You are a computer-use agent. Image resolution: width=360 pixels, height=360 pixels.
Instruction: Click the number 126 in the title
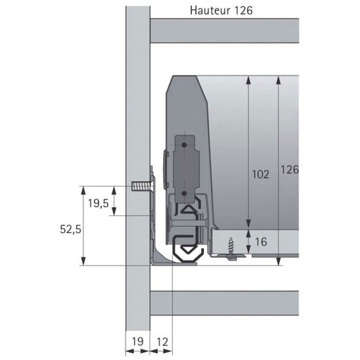pyautogui.click(x=244, y=11)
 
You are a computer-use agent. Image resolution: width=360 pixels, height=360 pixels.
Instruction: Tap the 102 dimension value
pyautogui.click(x=260, y=174)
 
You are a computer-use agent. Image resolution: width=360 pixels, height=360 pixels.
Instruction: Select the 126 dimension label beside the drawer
pyautogui.click(x=289, y=169)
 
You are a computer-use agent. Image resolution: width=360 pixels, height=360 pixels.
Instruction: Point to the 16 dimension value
pyautogui.click(x=261, y=241)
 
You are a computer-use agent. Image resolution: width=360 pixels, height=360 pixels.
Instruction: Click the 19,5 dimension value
pyautogui.click(x=98, y=203)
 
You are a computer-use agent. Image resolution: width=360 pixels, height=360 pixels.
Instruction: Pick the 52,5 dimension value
pyautogui.click(x=71, y=229)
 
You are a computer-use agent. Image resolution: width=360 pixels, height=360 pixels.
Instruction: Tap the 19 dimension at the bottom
pyautogui.click(x=138, y=342)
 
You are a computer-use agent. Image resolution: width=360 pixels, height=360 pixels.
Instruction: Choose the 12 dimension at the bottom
pyautogui.click(x=162, y=342)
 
